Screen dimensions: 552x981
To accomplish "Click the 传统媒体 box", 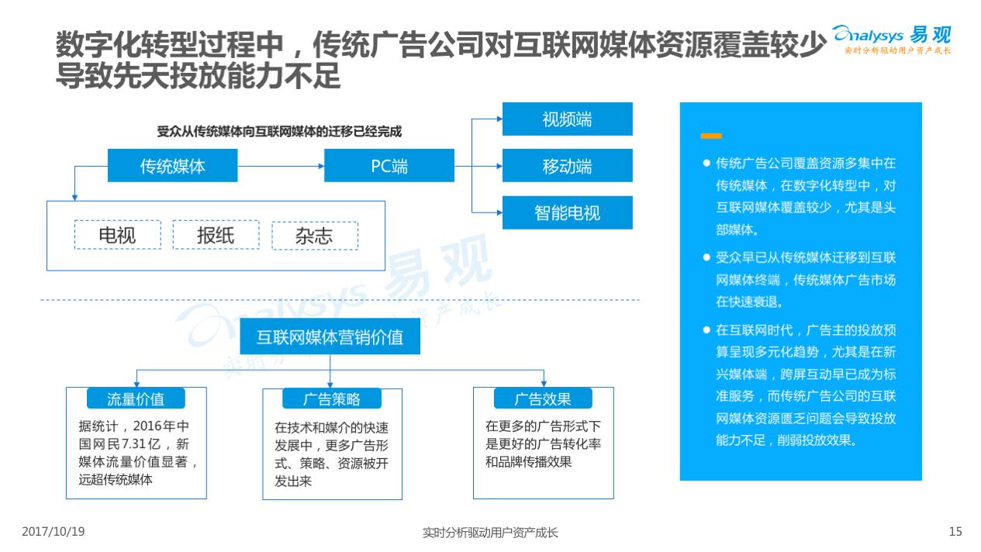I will (172, 165).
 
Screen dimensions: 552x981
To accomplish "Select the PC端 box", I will (389, 165).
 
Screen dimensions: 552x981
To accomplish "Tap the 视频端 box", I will (567, 119).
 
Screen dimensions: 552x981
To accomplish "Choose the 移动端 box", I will (567, 166).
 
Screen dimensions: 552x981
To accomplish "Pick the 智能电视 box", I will (567, 212).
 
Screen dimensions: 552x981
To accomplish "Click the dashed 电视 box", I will (118, 235).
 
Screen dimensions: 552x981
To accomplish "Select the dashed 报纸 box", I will (216, 235).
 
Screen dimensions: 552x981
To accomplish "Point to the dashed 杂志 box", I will (314, 236).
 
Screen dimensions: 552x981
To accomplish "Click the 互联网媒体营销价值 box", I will (330, 337).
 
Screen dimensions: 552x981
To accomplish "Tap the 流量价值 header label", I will (136, 398).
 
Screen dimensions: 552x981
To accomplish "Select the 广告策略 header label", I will (332, 399).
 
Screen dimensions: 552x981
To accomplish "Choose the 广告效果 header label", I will (543, 398).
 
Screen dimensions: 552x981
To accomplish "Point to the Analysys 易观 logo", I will (892, 37).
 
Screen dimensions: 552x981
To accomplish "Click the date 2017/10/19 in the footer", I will (53, 532).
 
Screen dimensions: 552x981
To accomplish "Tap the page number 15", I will (955, 532).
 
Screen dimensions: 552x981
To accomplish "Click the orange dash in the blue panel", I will (710, 136).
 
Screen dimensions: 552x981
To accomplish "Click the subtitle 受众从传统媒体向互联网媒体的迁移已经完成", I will (279, 132).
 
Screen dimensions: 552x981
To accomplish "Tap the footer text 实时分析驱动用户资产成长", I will (490, 533).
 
